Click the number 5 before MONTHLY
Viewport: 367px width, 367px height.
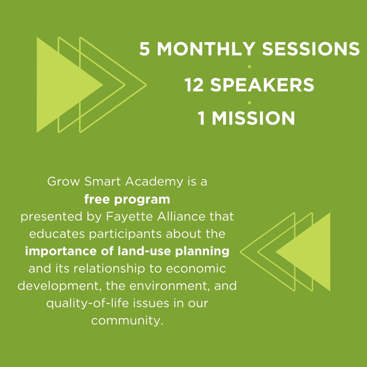pyautogui.click(x=144, y=49)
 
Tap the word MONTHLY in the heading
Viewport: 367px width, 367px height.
pyautogui.click(x=206, y=49)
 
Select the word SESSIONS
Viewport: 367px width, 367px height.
pyautogui.click(x=311, y=49)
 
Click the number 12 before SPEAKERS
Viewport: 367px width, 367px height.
pyautogui.click(x=194, y=85)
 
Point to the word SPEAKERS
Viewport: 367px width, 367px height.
pyautogui.click(x=262, y=85)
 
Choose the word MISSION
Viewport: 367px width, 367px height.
pyautogui.click(x=253, y=118)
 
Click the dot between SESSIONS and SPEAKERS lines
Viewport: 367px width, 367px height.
pyautogui.click(x=249, y=67)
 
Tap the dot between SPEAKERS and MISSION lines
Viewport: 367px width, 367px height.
pyautogui.click(x=249, y=103)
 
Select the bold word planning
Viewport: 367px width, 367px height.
pyautogui.click(x=202, y=251)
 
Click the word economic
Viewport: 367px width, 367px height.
pyautogui.click(x=196, y=268)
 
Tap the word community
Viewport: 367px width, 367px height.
pyautogui.click(x=127, y=321)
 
